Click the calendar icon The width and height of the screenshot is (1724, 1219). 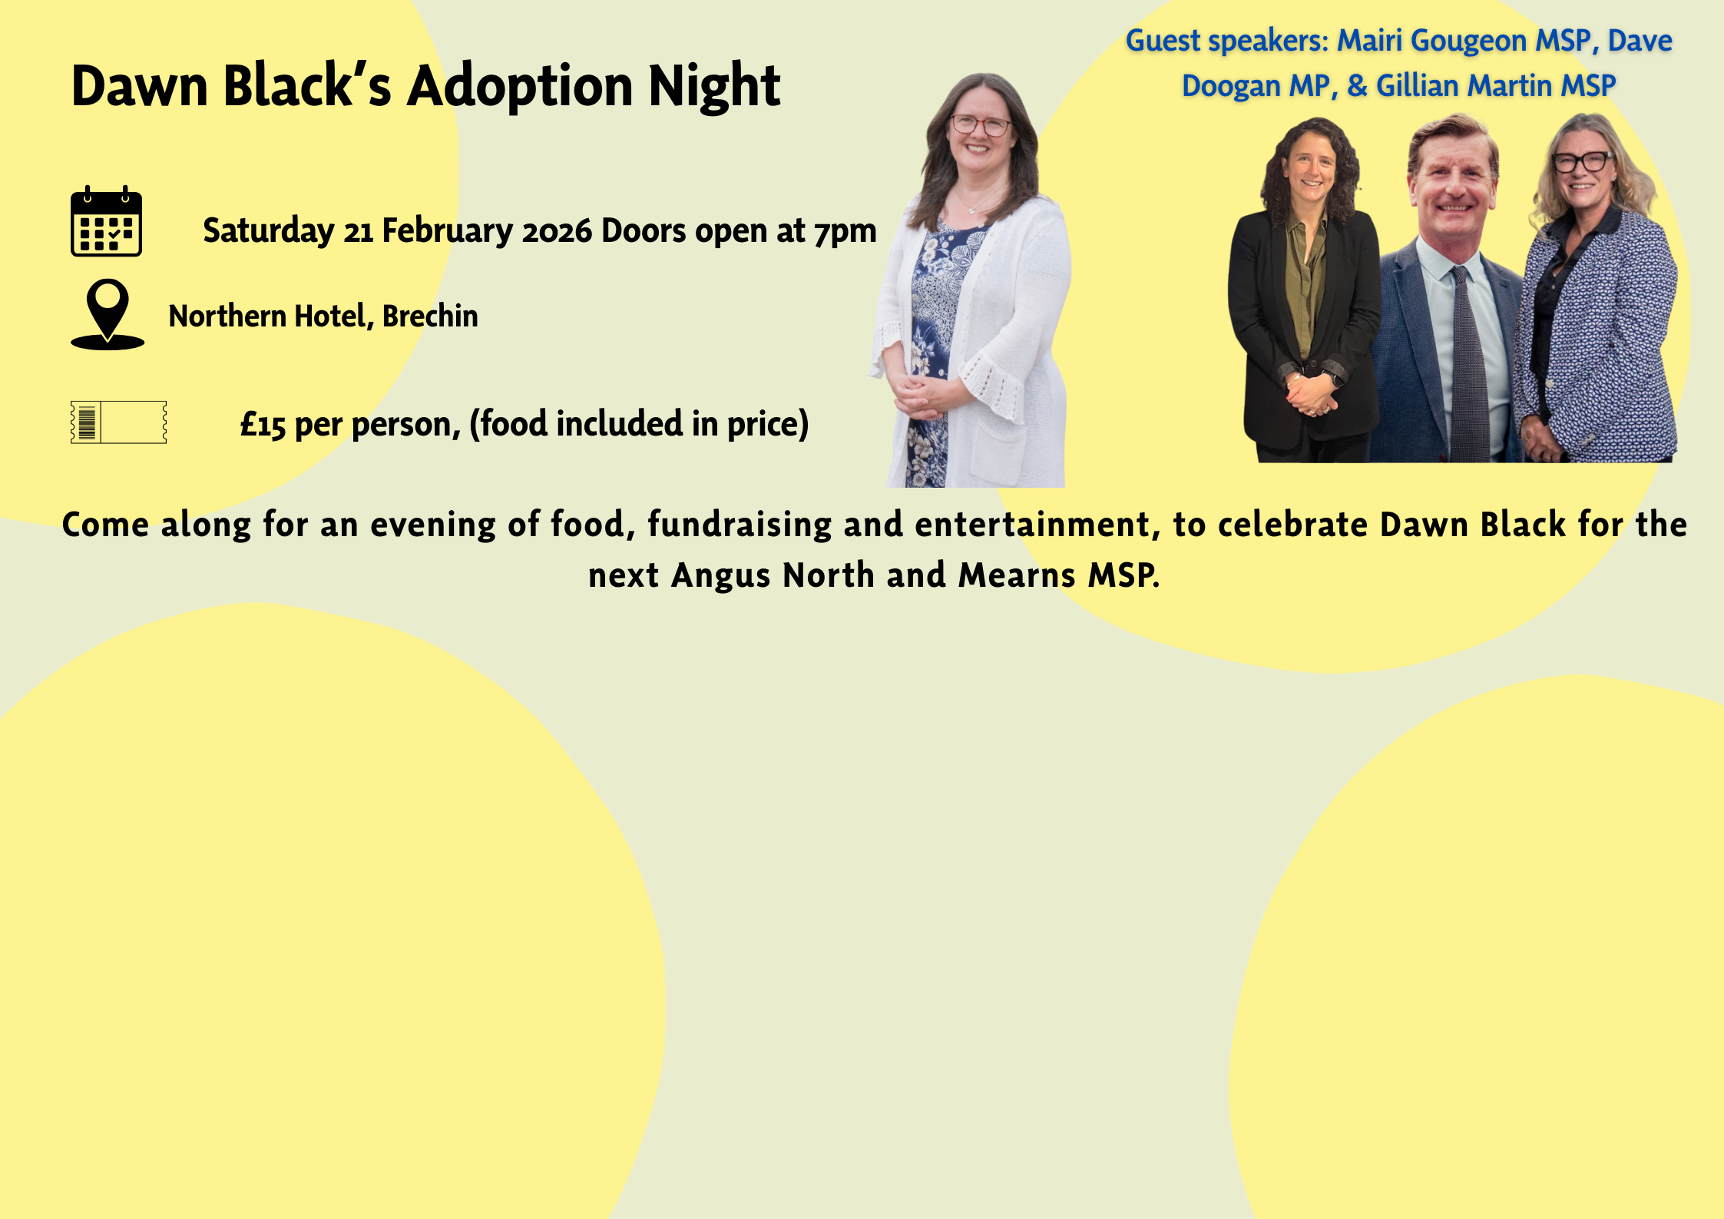click(106, 221)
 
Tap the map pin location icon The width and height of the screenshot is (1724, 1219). click(108, 314)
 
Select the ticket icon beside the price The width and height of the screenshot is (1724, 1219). click(118, 422)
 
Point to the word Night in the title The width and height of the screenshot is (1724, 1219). click(715, 85)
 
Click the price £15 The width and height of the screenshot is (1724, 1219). click(263, 425)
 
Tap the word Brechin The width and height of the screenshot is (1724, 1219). click(430, 316)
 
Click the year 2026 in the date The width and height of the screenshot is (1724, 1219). click(557, 231)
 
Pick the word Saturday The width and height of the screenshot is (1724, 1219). click(269, 231)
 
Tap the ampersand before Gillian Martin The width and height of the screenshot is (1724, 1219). click(1357, 85)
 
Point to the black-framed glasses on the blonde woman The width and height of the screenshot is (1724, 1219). click(1582, 161)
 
